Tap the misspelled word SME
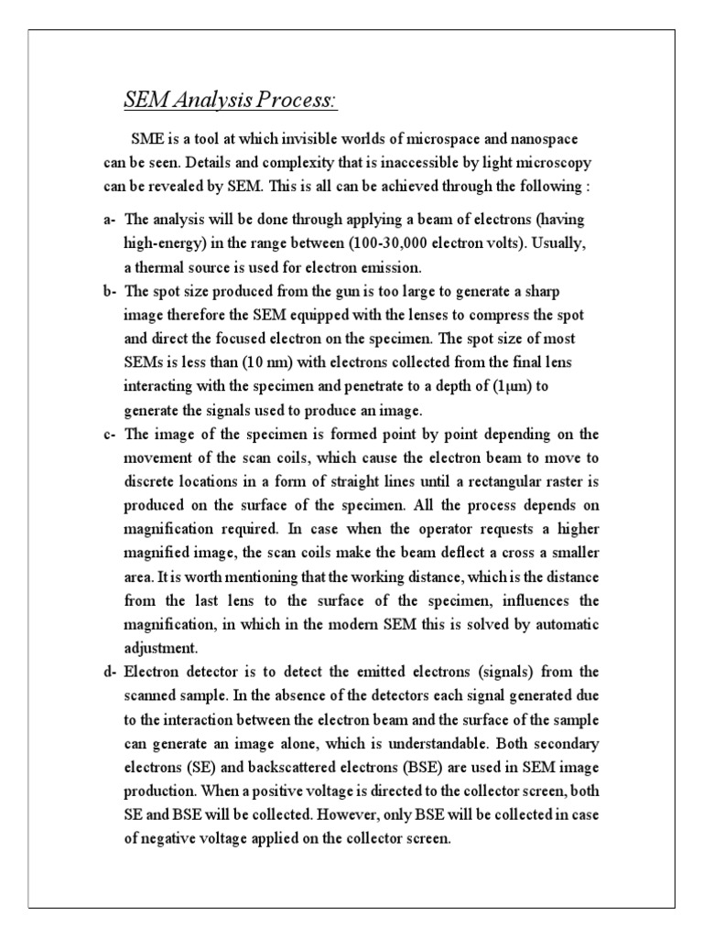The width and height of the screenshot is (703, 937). tap(147, 139)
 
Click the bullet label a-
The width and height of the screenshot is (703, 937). tap(110, 221)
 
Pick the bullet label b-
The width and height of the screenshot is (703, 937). tap(110, 291)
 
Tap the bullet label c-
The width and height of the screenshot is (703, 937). tap(110, 434)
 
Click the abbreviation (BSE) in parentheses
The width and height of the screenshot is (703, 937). tap(385, 766)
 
